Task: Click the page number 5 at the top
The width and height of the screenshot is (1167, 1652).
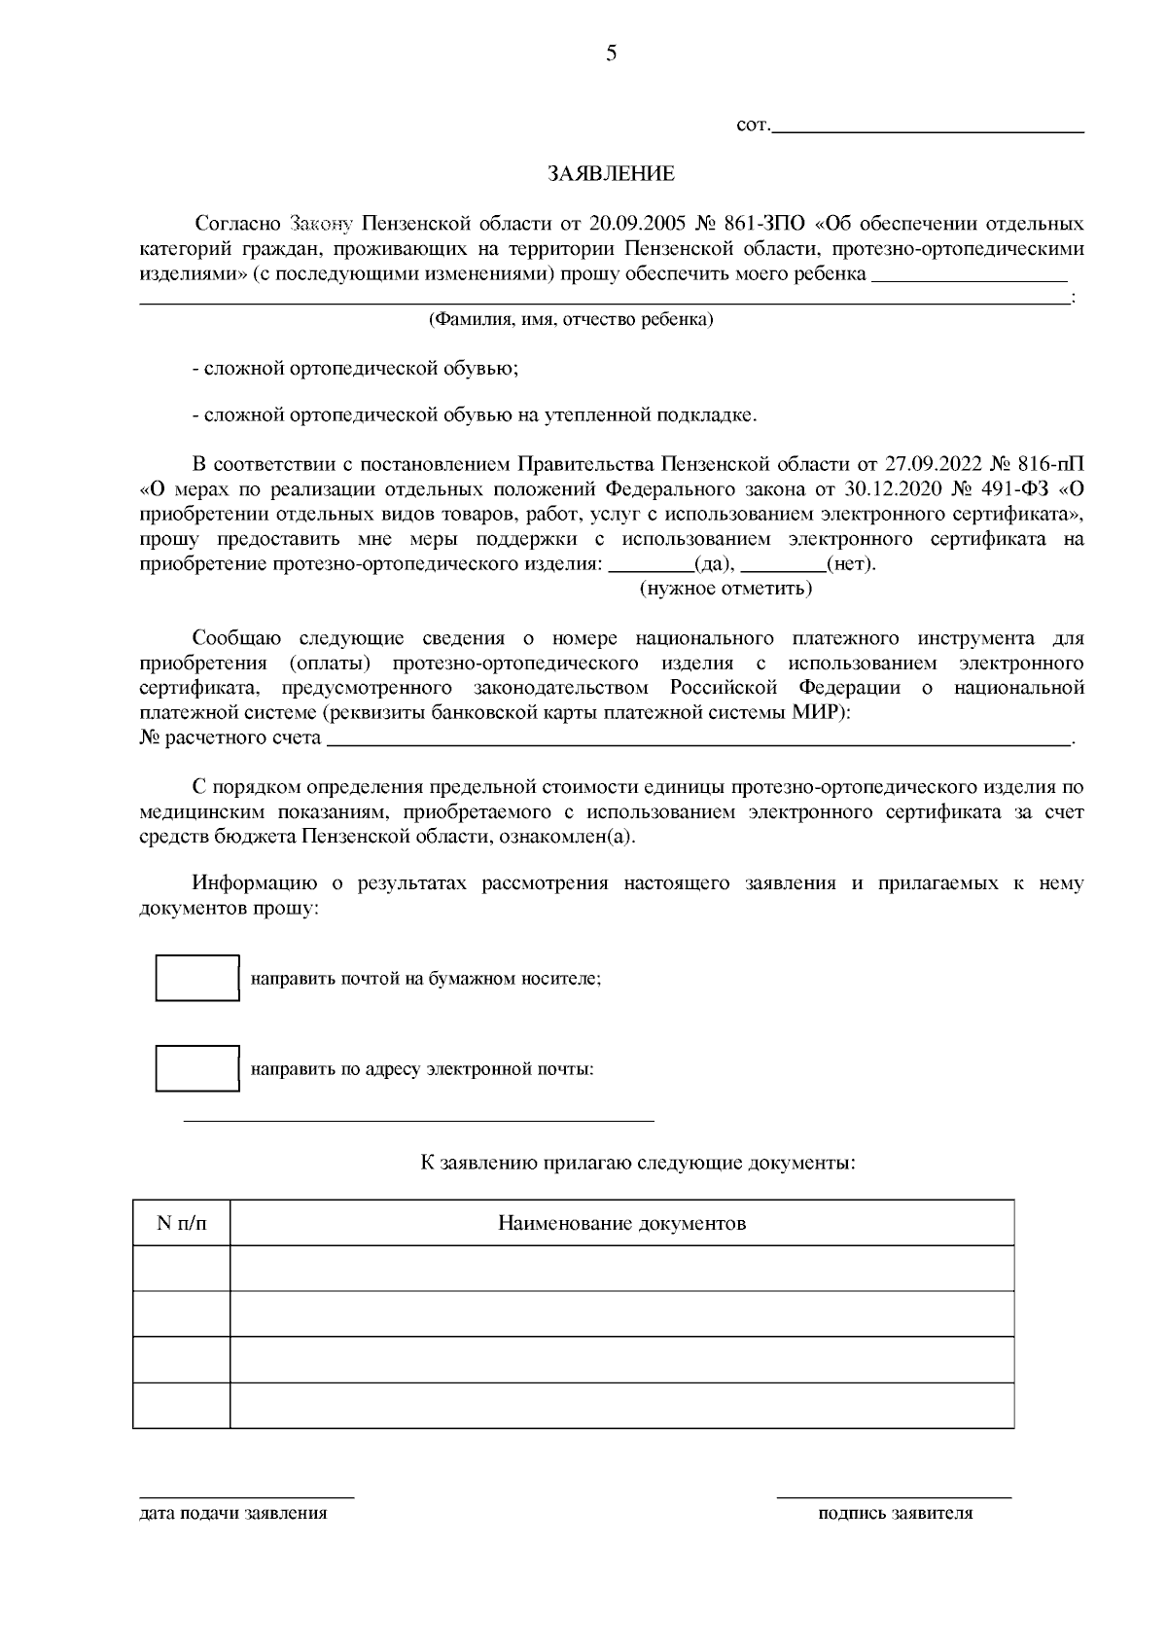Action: [611, 54]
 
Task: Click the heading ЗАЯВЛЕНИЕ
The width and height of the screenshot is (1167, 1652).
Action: [610, 175]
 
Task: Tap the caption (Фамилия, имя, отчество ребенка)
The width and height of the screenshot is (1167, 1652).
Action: [571, 320]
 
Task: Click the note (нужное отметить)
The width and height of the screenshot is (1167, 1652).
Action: [725, 589]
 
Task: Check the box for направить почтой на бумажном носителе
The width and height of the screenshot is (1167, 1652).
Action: [197, 978]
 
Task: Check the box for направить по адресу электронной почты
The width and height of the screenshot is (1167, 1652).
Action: [197, 1068]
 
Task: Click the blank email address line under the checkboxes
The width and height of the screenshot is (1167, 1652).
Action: [418, 1119]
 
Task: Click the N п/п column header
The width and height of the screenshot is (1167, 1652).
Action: [182, 1223]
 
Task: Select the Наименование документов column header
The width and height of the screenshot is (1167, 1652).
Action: [621, 1223]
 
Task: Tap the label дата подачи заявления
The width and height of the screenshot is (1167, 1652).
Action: [233, 1514]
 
